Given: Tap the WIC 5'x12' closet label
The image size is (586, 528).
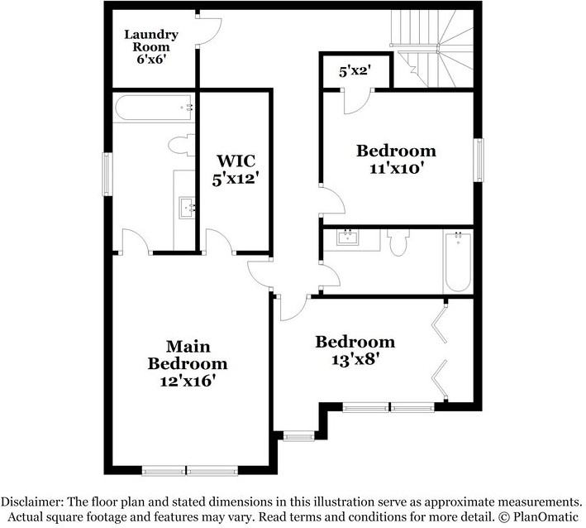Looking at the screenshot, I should (237, 168).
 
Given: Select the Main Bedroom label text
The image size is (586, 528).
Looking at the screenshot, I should (188, 354).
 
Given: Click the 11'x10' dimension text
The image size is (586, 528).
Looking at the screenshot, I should (396, 167).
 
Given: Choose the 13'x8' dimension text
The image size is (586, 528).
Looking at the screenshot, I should (355, 359).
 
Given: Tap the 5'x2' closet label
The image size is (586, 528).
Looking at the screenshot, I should (354, 72).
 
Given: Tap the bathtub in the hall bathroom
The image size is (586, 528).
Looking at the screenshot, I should (457, 260).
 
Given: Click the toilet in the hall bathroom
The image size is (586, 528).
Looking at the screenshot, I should (398, 242).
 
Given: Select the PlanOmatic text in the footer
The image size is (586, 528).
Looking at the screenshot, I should (543, 516).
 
